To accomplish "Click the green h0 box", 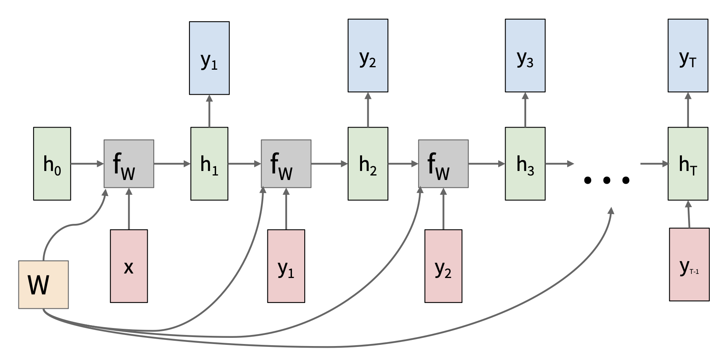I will click(x=52, y=164).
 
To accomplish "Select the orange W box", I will click(x=43, y=285).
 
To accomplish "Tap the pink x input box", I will click(x=129, y=266).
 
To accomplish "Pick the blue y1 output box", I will click(x=209, y=58).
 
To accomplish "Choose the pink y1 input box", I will click(x=286, y=266).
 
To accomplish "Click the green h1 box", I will click(x=209, y=164).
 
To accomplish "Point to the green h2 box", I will click(x=368, y=164).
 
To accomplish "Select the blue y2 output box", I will click(x=368, y=55).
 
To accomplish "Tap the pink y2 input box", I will click(x=443, y=266).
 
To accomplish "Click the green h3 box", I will click(x=525, y=164).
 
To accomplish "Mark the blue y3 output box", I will click(x=525, y=55).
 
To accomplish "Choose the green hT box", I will click(x=688, y=164).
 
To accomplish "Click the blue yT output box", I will click(x=688, y=55).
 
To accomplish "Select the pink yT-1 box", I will click(x=689, y=264).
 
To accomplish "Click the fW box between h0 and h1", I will click(x=129, y=164).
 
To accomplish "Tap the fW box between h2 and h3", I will click(x=443, y=164).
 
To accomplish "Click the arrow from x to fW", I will click(x=129, y=209).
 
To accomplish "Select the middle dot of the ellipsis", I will click(x=606, y=180).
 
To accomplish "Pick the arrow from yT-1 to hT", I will click(x=689, y=214).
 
